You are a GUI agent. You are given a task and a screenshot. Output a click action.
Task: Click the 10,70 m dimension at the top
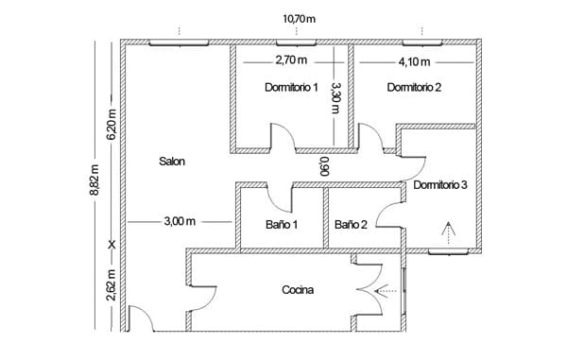coord(299,19)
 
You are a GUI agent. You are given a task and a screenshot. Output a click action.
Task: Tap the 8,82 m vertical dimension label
coord(94,180)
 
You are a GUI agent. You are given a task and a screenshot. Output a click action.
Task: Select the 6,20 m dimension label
coord(112,125)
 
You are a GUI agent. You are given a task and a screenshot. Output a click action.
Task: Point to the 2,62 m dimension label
coord(112,285)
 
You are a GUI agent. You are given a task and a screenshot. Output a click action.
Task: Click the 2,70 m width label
coord(291,60)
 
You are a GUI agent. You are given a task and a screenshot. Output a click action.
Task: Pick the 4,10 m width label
coord(415,61)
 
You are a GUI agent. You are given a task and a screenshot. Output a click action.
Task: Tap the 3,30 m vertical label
coord(335,98)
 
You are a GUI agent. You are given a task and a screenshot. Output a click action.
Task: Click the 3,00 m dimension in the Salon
coord(180,221)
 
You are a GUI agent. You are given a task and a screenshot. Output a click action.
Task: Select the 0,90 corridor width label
coord(324,166)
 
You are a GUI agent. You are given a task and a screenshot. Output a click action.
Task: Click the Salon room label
coord(172,162)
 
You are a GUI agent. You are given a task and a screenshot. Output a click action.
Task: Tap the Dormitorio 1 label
coord(291,87)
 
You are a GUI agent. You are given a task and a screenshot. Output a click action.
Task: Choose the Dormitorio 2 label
coord(414,87)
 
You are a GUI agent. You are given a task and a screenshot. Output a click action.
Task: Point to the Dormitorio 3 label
coord(440,184)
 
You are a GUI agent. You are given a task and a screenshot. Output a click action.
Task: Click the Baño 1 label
coord(282,225)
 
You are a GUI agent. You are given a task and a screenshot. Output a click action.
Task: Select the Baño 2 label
coord(351,225)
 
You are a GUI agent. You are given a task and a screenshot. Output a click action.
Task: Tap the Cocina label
coord(298,290)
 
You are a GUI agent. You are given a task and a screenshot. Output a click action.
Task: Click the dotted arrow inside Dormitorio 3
coord(448,233)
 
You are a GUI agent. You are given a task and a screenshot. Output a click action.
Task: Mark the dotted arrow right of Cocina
coord(386,291)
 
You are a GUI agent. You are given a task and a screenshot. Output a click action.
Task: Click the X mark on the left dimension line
coord(112,245)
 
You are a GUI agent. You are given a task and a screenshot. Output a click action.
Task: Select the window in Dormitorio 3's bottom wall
coord(448,251)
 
